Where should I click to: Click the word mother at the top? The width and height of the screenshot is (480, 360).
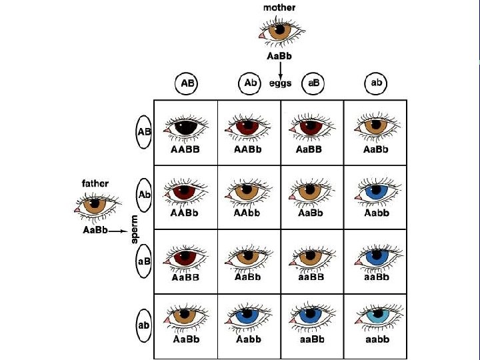tap(279, 7)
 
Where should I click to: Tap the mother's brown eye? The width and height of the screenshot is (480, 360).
tap(279, 31)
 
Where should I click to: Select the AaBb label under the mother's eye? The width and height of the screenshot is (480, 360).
tap(279, 56)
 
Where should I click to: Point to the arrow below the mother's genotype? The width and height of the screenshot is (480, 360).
tap(279, 69)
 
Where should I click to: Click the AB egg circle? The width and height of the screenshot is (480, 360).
tap(187, 83)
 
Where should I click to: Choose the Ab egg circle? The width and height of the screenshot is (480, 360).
tap(249, 83)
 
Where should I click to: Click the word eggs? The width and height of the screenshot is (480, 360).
tap(281, 83)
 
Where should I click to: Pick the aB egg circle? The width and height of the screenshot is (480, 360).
tap(312, 83)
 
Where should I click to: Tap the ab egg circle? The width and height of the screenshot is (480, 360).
tap(377, 83)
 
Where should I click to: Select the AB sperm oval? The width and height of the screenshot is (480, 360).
tap(144, 131)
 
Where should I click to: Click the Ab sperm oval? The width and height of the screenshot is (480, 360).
tap(144, 195)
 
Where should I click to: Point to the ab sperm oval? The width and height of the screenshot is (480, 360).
tap(144, 326)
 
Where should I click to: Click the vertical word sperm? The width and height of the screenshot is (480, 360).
tap(134, 229)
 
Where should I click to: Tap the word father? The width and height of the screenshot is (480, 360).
tap(95, 183)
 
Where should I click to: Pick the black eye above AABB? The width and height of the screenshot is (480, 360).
tap(185, 126)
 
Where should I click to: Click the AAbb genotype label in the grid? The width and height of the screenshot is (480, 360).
tap(248, 213)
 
